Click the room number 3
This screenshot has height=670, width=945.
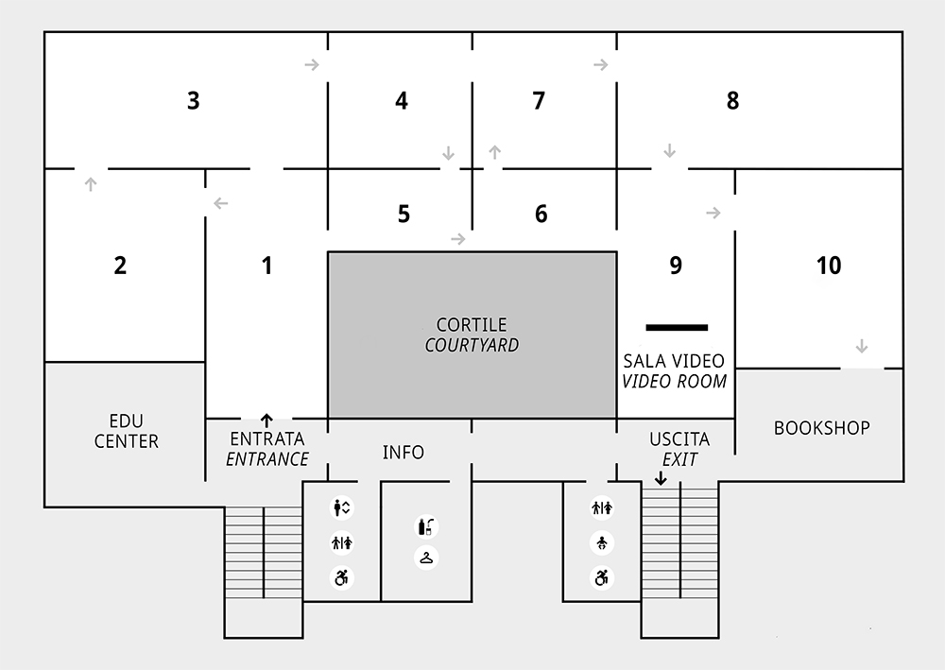point(193,100)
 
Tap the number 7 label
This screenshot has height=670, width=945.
point(539,100)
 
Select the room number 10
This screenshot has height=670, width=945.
point(828,266)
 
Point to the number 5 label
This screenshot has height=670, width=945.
point(404,215)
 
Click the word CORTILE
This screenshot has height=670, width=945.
point(472,324)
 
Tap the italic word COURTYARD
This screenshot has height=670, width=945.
point(472,345)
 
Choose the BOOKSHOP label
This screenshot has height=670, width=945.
point(821,428)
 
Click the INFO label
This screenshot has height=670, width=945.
point(404,453)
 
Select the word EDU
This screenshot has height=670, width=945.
point(127,420)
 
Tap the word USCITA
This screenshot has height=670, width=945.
point(679,440)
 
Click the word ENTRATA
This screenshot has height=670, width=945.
point(267,438)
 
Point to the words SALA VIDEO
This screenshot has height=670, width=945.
point(674,361)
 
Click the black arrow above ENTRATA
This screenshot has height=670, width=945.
point(266,420)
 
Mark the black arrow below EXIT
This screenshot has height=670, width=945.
point(661,478)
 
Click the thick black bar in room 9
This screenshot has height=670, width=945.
point(677,327)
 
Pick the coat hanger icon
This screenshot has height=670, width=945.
point(427,558)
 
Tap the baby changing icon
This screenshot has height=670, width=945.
point(602,542)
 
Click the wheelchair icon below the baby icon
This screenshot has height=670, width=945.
point(602,576)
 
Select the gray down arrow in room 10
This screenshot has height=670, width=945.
point(861,345)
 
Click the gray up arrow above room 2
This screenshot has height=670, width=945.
point(91,183)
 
